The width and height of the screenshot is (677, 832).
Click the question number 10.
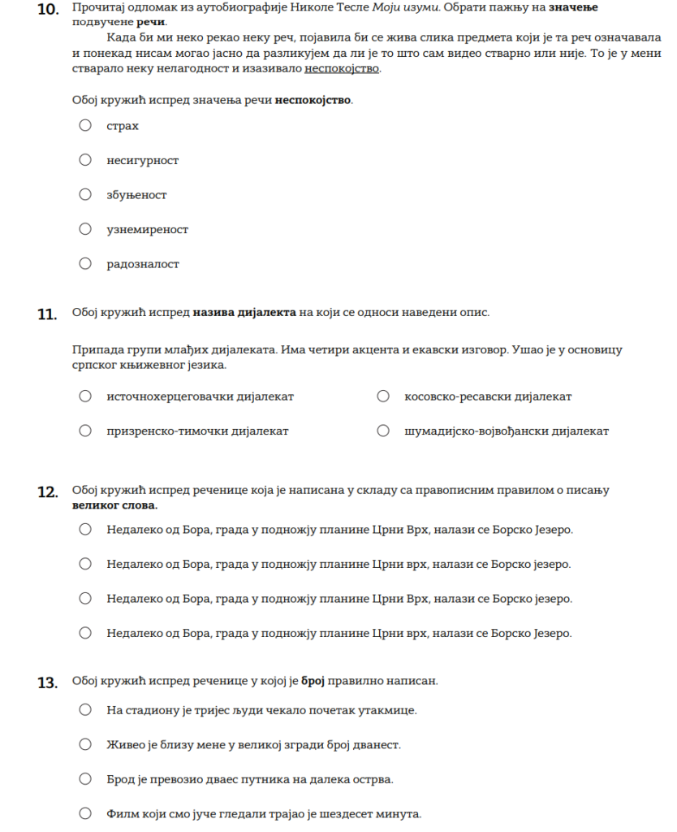click(x=47, y=10)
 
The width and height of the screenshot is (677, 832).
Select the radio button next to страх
click(x=85, y=125)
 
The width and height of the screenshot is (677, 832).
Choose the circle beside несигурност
click(x=85, y=160)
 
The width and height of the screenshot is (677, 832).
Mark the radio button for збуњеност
click(x=85, y=194)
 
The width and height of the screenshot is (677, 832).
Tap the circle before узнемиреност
click(x=85, y=229)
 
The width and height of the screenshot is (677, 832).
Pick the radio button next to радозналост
click(x=85, y=263)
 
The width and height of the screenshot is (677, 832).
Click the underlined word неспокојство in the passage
click(x=342, y=68)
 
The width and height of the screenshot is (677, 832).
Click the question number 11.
click(x=47, y=314)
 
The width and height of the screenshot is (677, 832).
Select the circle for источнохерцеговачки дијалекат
click(x=85, y=396)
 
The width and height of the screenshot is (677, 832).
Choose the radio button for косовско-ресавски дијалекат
click(x=383, y=396)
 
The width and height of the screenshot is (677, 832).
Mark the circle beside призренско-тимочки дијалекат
click(x=85, y=431)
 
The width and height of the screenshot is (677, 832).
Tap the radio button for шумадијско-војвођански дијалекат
click(x=383, y=431)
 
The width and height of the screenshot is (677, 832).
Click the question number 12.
click(x=47, y=492)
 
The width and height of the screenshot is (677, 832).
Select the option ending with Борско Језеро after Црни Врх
click(x=85, y=530)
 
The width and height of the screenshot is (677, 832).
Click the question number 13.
click(x=47, y=682)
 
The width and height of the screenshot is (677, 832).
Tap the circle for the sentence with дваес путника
click(x=85, y=779)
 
